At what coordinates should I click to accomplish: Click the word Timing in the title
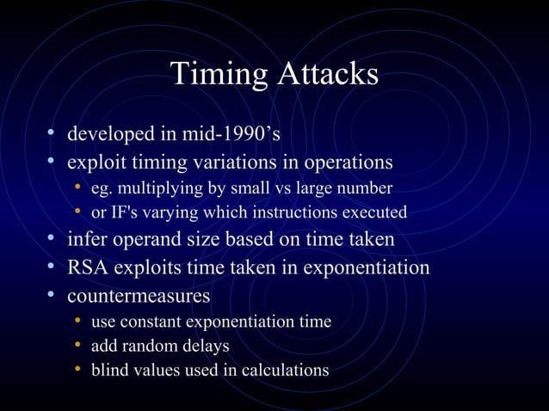pyautogui.click(x=219, y=74)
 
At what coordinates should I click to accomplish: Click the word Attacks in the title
pyautogui.click(x=327, y=74)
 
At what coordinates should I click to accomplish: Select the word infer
pyautogui.click(x=86, y=239)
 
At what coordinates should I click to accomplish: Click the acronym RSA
pyautogui.click(x=87, y=267)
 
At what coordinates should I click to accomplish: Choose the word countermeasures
pyautogui.click(x=139, y=295)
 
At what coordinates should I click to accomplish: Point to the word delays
pyautogui.click(x=207, y=346)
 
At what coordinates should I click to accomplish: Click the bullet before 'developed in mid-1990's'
pyautogui.click(x=52, y=134)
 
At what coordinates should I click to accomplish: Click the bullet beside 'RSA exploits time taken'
pyautogui.click(x=52, y=267)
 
